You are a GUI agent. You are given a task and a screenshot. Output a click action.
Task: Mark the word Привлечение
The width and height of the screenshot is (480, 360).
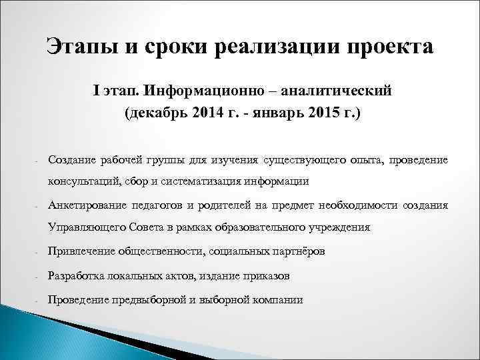81,251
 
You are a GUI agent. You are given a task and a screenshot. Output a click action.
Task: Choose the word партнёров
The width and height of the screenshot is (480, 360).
299,251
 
